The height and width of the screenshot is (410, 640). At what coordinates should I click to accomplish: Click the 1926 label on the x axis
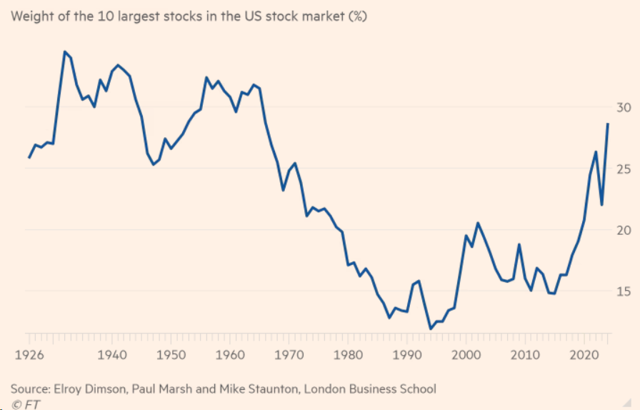click(x=29, y=355)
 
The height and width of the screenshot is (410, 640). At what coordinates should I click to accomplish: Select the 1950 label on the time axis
click(x=169, y=355)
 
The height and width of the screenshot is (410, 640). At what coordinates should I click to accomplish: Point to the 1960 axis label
click(x=229, y=355)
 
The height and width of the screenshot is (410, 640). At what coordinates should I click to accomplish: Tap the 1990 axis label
click(x=406, y=355)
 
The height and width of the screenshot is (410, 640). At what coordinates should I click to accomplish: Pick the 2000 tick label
click(x=466, y=355)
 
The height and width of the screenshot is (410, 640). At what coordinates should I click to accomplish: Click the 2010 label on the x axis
click(x=525, y=355)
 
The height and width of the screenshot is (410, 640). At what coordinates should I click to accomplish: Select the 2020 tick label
click(x=585, y=355)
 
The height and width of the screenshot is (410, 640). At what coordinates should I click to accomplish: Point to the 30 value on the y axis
click(x=624, y=107)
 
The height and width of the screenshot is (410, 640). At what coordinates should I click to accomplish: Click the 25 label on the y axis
click(x=624, y=169)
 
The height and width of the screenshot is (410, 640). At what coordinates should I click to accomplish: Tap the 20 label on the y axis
click(x=624, y=230)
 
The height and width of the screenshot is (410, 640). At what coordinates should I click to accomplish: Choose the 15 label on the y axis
click(x=624, y=291)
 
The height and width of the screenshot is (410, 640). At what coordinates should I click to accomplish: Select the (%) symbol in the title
click(x=356, y=16)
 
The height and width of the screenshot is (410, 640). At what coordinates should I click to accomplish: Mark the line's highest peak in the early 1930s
click(x=64, y=51)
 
